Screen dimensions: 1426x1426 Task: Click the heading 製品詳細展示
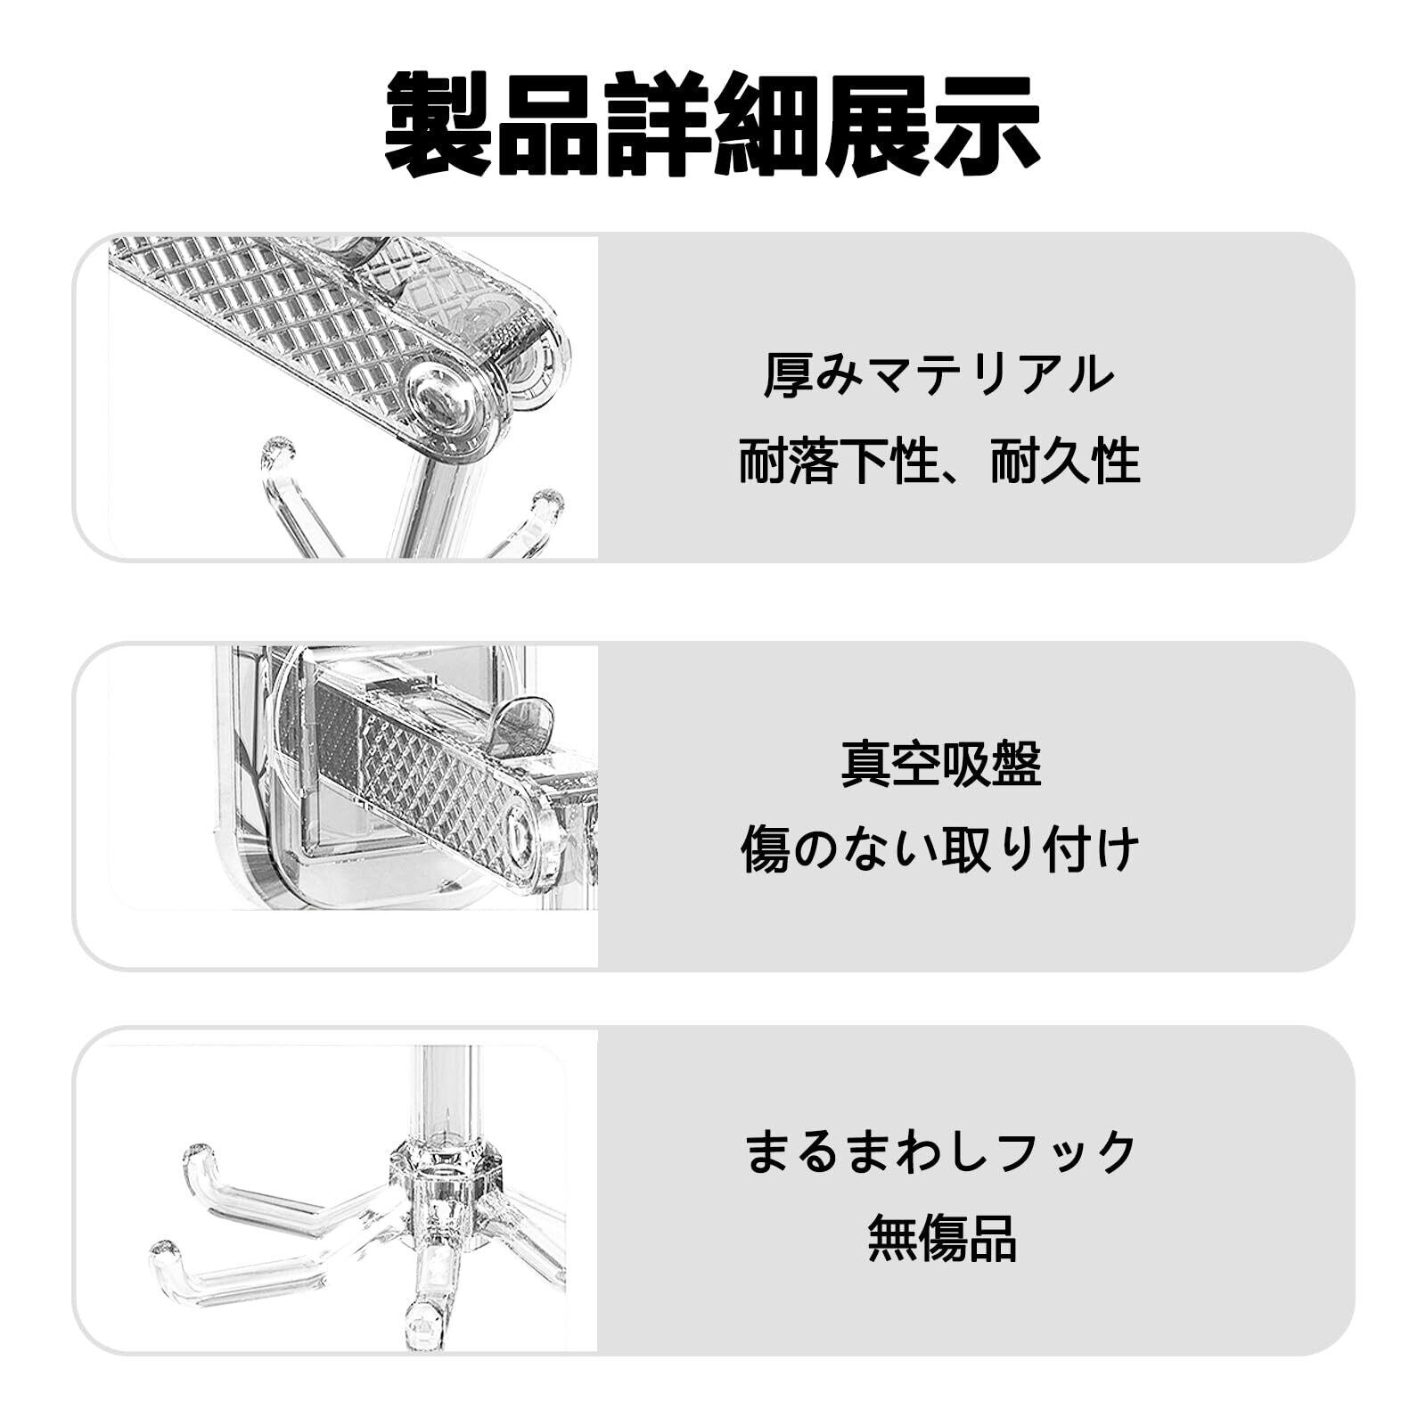point(713,125)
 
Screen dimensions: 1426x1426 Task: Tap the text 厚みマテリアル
point(939,374)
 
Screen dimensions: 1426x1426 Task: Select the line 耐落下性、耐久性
point(939,462)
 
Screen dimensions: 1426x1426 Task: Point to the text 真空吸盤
point(941,764)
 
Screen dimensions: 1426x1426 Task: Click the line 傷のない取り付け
point(939,848)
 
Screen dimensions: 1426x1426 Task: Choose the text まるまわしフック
point(941,1151)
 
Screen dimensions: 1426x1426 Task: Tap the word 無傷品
point(942,1239)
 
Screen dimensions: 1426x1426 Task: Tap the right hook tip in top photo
point(548,504)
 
